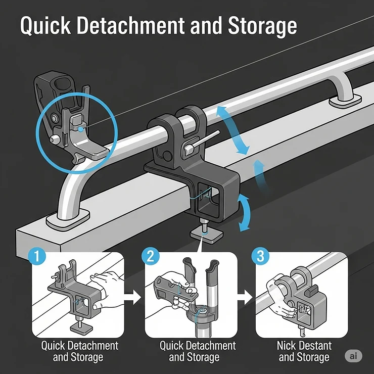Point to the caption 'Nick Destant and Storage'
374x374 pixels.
(304, 352)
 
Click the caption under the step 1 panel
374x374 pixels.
(79, 352)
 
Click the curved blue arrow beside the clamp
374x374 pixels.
(245, 212)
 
